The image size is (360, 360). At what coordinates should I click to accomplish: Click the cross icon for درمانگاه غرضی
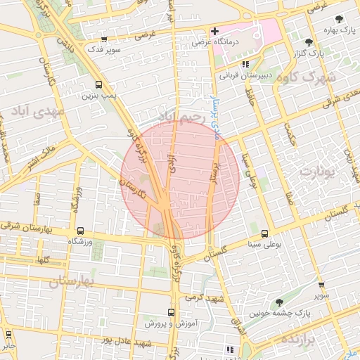coord(214,31)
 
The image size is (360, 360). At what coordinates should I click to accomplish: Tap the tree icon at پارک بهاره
coord(338,19)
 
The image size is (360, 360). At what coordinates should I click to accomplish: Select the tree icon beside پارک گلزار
coord(309,42)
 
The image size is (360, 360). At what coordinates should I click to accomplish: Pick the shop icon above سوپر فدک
coord(104,39)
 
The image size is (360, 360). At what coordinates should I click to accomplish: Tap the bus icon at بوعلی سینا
coord(264,233)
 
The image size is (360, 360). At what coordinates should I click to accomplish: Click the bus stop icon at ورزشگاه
coord(79,231)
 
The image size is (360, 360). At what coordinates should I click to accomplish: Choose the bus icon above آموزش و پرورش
coord(172,311)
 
